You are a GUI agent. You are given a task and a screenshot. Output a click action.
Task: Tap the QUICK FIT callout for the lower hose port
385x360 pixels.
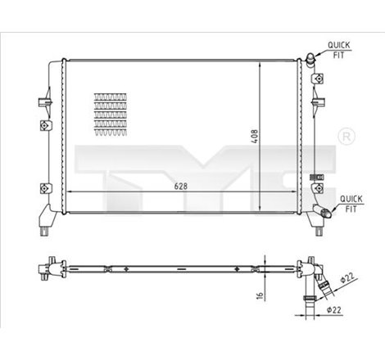tap(351, 201)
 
